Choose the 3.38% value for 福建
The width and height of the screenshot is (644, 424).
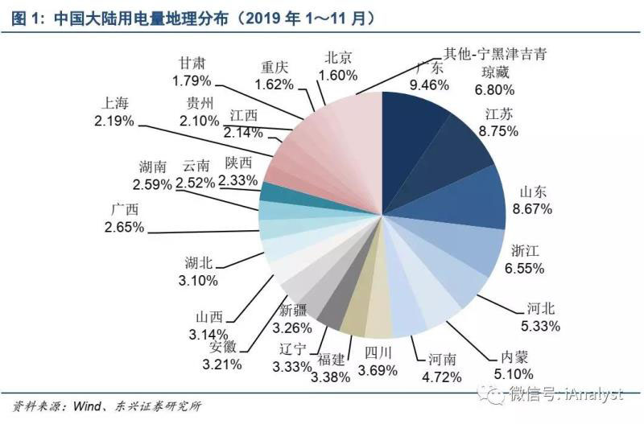[332, 376]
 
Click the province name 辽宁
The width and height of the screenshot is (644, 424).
[292, 348]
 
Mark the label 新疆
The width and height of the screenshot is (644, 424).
[293, 311]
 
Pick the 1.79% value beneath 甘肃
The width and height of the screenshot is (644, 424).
[191, 80]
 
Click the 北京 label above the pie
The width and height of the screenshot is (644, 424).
[338, 58]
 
